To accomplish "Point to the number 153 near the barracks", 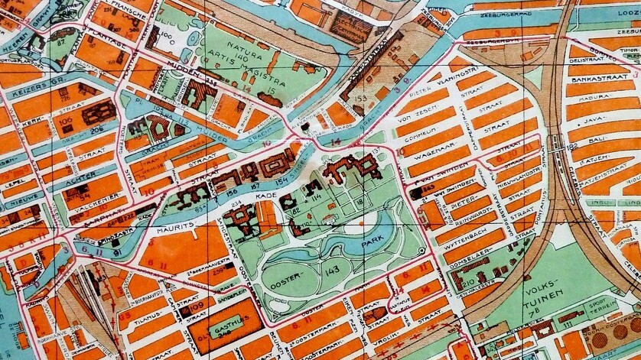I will pyautogui.click(x=360, y=96).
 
